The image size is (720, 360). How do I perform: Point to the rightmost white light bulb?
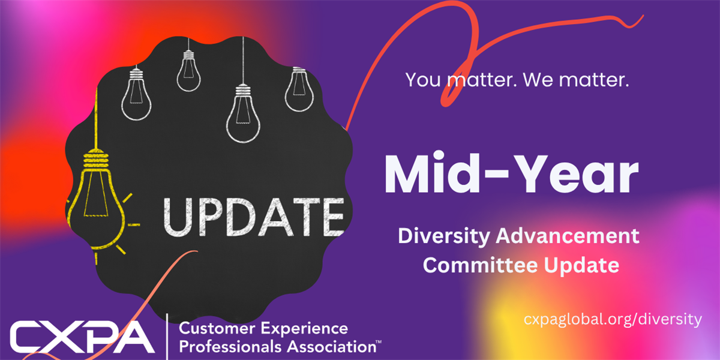point(299,89)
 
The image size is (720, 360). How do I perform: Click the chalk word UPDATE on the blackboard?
point(254,217)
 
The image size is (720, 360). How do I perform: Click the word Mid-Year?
point(511,173)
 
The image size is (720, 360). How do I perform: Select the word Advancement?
point(568,236)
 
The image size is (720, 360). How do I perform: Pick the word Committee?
point(481,265)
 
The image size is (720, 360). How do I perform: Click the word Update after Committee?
point(581,265)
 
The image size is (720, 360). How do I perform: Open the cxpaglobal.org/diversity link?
point(613,319)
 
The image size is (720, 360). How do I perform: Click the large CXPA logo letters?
point(82,337)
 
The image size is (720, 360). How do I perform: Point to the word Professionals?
point(230,347)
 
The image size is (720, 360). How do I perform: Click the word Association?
point(332,347)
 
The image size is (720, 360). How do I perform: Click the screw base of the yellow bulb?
point(96,159)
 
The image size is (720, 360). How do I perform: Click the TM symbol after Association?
point(379,342)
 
